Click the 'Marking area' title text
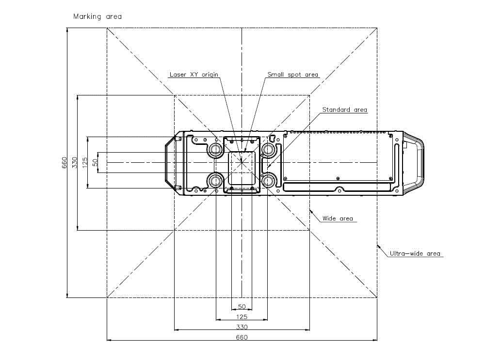[97, 16]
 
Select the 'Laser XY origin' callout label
[194, 75]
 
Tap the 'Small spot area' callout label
[292, 75]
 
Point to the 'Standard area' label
[344, 110]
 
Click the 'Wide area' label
[338, 219]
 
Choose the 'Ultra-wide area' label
[415, 254]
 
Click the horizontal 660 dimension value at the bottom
[242, 337]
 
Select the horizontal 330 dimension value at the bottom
[242, 327]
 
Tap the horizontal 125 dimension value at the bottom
[242, 317]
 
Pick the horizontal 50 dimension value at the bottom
[242, 307]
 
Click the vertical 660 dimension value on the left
[64, 163]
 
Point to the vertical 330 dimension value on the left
[74, 163]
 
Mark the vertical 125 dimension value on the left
[85, 162]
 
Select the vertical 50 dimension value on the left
[95, 162]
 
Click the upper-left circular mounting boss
[216, 150]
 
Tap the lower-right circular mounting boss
[268, 180]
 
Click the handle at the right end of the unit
[413, 163]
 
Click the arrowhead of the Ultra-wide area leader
[378, 246]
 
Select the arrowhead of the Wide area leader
[311, 211]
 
